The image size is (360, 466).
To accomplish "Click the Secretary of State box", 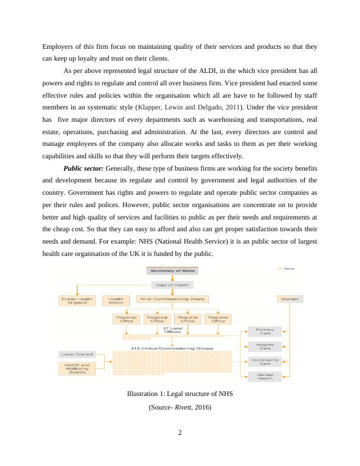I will pos(172,271).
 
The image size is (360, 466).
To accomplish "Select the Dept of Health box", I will pos(172,285).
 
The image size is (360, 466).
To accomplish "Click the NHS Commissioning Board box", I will pos(172,299).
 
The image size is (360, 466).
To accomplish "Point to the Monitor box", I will pos(289,299).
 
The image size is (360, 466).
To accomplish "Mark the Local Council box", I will pos(76,354).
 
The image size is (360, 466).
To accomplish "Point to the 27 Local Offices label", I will pos(172,330).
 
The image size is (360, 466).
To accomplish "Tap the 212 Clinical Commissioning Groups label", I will pos(172,348).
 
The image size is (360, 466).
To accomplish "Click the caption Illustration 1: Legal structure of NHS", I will pos(180,394).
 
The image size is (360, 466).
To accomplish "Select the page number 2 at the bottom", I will pos(180,434).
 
